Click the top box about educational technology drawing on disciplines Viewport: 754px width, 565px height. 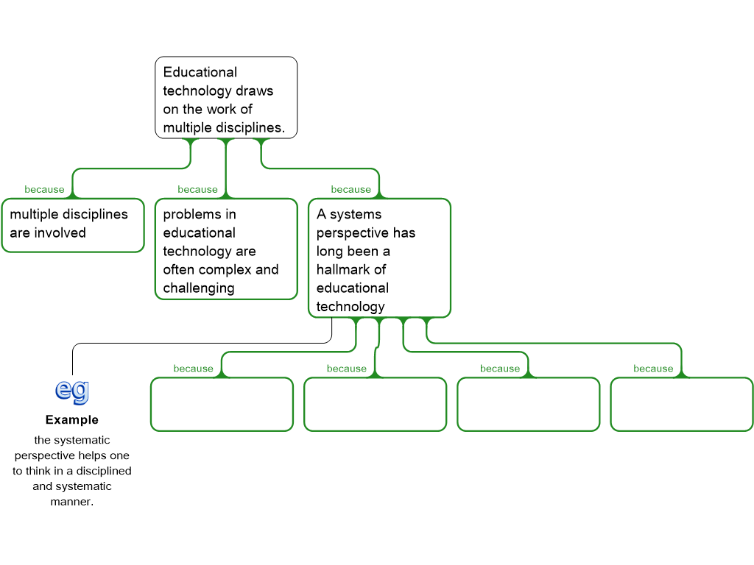coord(226,98)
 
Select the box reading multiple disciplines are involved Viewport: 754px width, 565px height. coord(73,225)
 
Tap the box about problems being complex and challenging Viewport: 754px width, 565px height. coord(227,249)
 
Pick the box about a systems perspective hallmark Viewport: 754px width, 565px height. coord(379,258)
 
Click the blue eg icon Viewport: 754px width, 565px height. coord(72,392)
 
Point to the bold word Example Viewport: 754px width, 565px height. coord(72,420)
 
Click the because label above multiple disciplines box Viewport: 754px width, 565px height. coord(44,190)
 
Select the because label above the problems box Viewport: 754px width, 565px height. coord(197,190)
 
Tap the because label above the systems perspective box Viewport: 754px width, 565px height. coord(351,190)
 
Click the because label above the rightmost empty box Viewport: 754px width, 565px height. coord(653,369)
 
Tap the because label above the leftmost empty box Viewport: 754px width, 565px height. coord(194,369)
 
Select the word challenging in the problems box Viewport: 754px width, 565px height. coord(199,288)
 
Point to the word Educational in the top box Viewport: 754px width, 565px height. coord(200,72)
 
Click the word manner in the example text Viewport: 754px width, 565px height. coord(71,502)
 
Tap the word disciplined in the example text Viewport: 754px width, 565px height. coord(104,472)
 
